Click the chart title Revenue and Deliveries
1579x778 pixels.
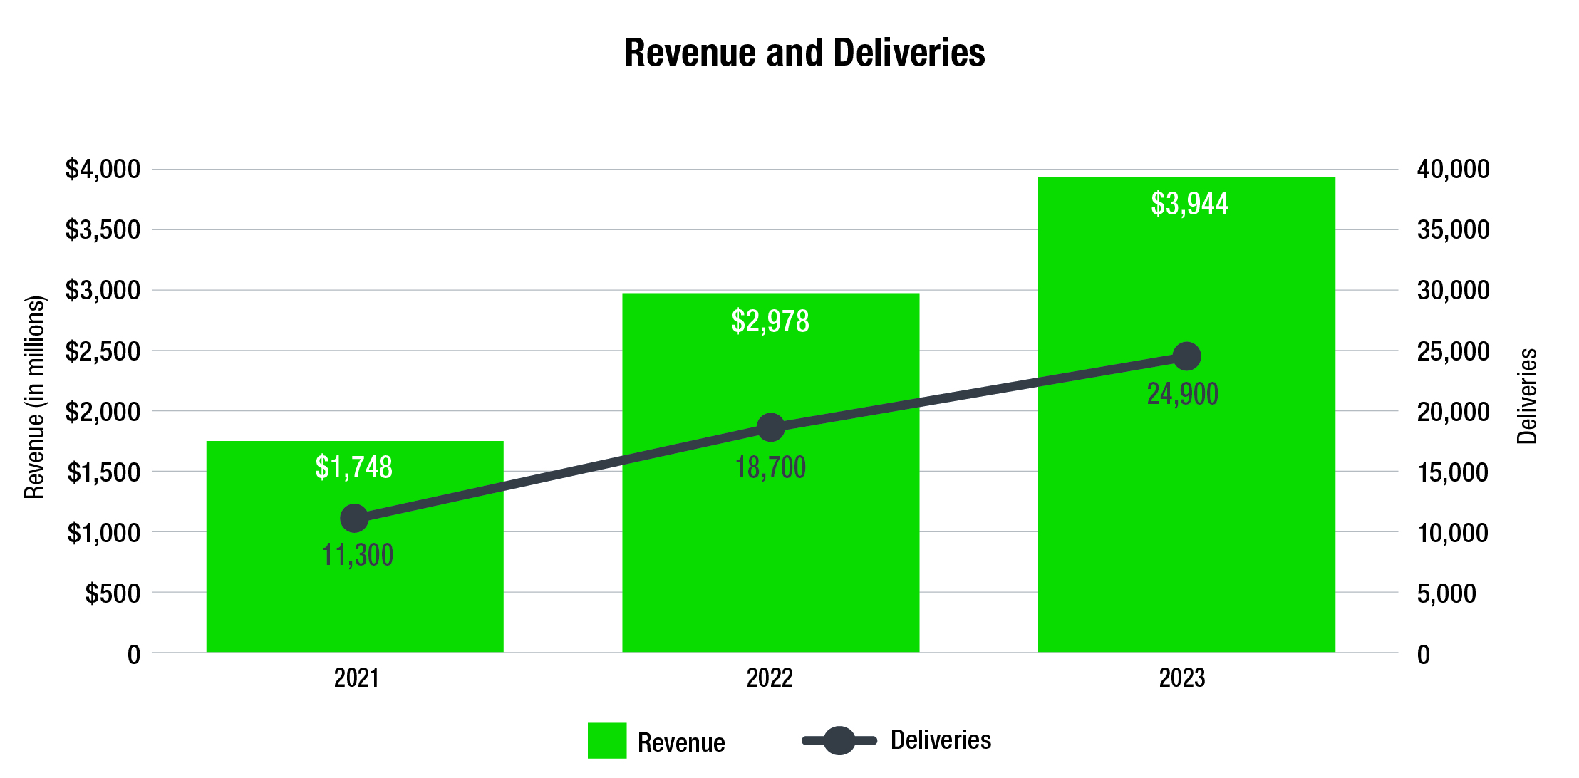point(804,53)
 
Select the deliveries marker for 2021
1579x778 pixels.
point(354,518)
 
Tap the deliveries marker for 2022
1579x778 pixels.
point(770,427)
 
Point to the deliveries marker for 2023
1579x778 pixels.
point(1186,356)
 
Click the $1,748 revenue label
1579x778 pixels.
point(354,467)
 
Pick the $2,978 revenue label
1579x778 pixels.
point(770,321)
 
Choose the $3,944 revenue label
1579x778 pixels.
point(1189,204)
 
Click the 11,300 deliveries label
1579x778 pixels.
point(358,555)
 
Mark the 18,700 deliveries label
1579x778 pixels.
point(770,468)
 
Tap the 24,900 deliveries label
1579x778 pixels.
point(1183,394)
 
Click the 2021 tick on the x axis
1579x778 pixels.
point(356,678)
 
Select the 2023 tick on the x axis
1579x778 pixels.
point(1182,678)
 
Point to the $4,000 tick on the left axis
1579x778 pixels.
point(103,170)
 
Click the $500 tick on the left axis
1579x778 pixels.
point(113,593)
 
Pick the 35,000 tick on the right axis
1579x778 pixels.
point(1453,230)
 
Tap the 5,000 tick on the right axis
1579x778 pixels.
point(1446,593)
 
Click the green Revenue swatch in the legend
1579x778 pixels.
point(607,740)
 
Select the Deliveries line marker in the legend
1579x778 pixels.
point(839,740)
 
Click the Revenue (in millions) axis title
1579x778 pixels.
point(35,397)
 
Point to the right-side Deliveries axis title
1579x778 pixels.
point(1527,396)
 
